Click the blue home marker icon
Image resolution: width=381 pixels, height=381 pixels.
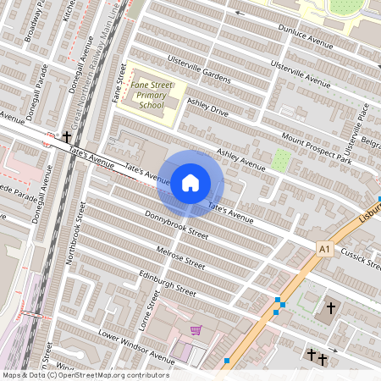click(190, 183)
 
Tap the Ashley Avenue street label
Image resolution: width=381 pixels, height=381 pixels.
click(241, 158)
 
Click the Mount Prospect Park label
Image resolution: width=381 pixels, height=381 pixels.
click(316, 147)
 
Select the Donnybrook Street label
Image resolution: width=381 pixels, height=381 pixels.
click(176, 225)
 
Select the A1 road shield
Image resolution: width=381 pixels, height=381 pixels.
click(324, 248)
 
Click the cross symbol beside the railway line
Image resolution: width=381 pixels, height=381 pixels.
click(67, 136)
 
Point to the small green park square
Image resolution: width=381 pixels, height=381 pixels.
click(281, 158)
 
